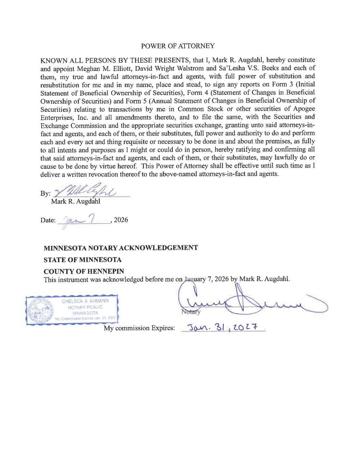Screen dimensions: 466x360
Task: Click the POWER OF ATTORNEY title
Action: click(x=178, y=46)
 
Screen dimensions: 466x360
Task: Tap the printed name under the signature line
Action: click(x=75, y=202)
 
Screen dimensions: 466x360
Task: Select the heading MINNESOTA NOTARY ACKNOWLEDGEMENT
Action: click(x=121, y=248)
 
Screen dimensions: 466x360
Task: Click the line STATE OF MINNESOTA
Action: click(x=83, y=259)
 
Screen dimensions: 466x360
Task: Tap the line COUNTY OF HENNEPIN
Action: click(x=84, y=271)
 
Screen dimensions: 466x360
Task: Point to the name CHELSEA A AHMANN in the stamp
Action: click(x=85, y=301)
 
